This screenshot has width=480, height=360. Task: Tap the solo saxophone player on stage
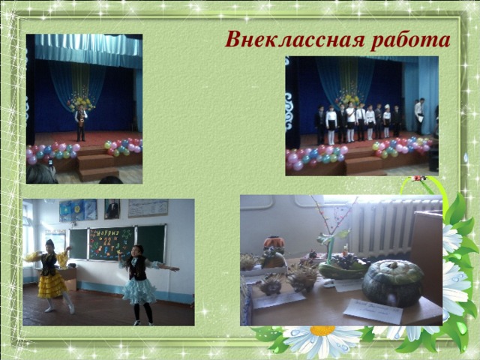tap(81, 122)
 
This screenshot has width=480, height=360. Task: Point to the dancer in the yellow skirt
tap(49, 274)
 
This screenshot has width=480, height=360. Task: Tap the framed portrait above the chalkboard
tap(112, 209)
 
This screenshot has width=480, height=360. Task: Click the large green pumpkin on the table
tap(393, 281)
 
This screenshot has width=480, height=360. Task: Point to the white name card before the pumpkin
tap(373, 310)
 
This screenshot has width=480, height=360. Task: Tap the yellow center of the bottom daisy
tap(322, 330)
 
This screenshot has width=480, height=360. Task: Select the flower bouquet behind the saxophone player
tap(80, 100)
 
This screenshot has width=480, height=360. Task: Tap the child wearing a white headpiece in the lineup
tap(387, 121)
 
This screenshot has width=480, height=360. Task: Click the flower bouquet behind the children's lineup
tap(346, 98)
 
